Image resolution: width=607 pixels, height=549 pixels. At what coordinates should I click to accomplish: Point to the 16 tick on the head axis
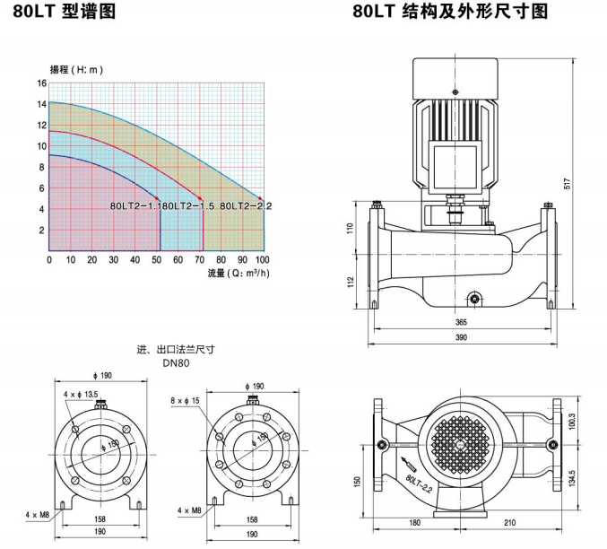pos(41,83)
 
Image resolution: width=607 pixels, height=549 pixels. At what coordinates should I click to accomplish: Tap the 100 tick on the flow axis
pos(262,259)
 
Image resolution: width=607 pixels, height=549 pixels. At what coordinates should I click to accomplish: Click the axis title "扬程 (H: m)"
pos(80,68)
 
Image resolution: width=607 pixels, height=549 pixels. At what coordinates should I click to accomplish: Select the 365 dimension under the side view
pos(461,320)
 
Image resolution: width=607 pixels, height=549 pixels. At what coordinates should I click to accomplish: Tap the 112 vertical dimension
pos(351,283)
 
